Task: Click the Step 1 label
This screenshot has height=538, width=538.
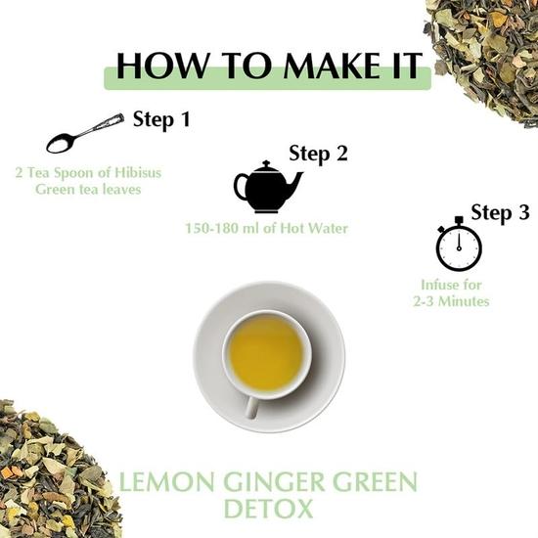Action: tap(161, 121)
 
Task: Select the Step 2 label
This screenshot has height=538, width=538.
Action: tap(319, 154)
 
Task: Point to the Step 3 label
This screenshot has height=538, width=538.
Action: tap(501, 213)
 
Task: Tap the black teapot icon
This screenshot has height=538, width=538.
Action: tap(267, 187)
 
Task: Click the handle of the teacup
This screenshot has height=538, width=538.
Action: tap(250, 405)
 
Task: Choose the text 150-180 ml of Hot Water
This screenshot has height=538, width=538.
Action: tap(267, 228)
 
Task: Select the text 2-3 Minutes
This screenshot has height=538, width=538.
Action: tap(451, 302)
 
